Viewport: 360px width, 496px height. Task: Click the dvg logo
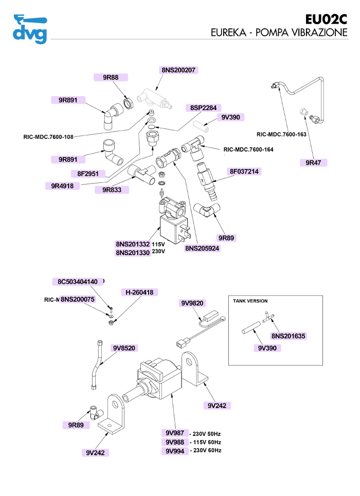[30, 29]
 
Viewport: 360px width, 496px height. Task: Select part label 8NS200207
[178, 70]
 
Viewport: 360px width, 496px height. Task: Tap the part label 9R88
[111, 78]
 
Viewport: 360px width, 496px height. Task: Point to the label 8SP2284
[204, 108]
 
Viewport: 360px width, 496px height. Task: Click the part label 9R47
[313, 162]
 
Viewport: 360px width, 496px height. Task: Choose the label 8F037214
[244, 171]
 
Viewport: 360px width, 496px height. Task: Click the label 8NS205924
[203, 248]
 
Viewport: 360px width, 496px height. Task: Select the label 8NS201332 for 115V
[132, 244]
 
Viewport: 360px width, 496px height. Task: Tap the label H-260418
[139, 292]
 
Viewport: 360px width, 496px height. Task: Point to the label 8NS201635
[289, 336]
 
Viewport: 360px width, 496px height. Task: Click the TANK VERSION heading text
[250, 301]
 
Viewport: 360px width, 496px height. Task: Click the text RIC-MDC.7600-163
[281, 135]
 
